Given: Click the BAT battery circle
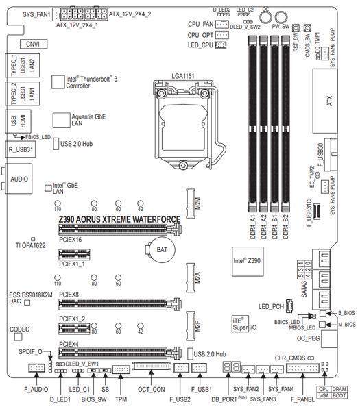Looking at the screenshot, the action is coord(161,249).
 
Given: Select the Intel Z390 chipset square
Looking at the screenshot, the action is coord(248,261).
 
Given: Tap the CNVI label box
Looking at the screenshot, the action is coord(34,44).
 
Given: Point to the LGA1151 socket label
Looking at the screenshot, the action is coord(183,76).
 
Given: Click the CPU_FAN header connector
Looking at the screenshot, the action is coord(221,25).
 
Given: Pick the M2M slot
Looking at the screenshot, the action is coord(191,203).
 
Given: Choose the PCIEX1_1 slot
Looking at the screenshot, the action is coord(74,255).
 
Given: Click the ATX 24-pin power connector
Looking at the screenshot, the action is coord(324,101).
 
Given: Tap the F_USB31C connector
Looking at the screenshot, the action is coord(317,212).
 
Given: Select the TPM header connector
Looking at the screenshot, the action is coord(121,370).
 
